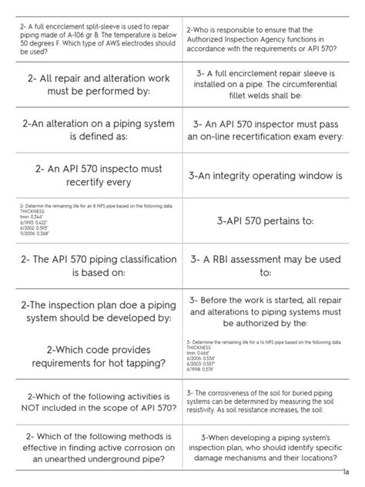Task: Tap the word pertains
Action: pos(275,220)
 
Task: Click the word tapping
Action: pos(142,364)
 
